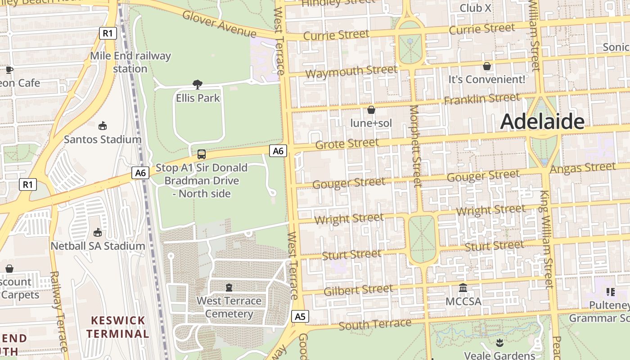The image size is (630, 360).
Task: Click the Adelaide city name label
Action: [x=542, y=121]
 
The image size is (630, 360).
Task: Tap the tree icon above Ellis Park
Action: [x=197, y=84]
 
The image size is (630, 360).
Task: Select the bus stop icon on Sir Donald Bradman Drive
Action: [x=202, y=154]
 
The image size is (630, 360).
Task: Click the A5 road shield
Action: [x=300, y=316]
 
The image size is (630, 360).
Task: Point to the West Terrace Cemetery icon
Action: [x=229, y=288]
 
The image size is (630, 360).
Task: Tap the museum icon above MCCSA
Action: [x=463, y=288]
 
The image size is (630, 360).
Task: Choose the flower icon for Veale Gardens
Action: [x=499, y=343]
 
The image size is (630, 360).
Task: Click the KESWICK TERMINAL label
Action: [x=118, y=327]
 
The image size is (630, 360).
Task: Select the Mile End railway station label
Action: [x=130, y=62]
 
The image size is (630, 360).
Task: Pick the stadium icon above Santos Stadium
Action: [x=103, y=126]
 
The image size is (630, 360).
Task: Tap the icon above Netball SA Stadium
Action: [x=98, y=232]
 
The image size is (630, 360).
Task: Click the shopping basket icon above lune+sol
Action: [x=371, y=110]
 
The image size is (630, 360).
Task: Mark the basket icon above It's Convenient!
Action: [x=486, y=66]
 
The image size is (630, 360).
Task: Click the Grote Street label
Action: [x=347, y=144]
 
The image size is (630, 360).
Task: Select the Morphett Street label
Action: [x=416, y=146]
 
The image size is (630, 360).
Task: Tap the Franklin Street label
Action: [x=482, y=99]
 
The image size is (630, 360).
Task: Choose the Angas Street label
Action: [x=582, y=168]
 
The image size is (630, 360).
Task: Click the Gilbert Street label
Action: [x=358, y=290]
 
